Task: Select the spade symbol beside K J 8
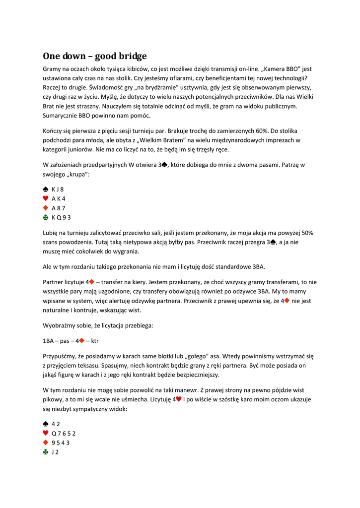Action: [x=46, y=189]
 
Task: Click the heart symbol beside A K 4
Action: [x=46, y=198]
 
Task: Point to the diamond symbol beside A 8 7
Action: [x=46, y=208]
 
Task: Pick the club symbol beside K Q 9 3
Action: [x=46, y=217]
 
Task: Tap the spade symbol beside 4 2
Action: [x=46, y=424]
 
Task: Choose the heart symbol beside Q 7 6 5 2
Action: [x=46, y=433]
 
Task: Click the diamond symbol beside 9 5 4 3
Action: [x=46, y=443]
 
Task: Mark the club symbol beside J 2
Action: [x=46, y=452]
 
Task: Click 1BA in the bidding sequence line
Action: [x=48, y=341]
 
